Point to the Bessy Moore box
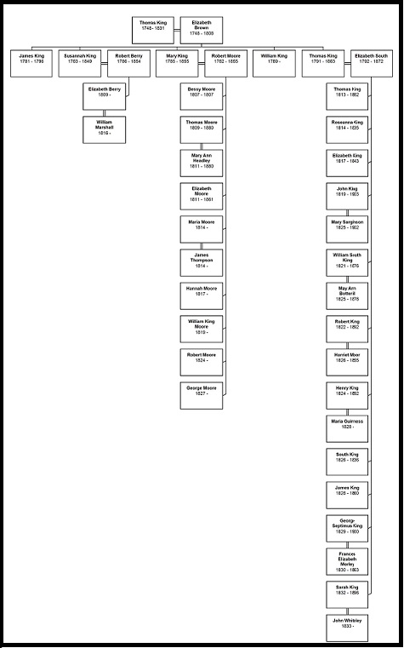(x=201, y=95)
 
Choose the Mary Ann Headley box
(x=201, y=162)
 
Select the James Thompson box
(x=201, y=261)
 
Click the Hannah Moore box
(x=201, y=295)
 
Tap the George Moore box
(x=201, y=393)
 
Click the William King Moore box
(x=201, y=328)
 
